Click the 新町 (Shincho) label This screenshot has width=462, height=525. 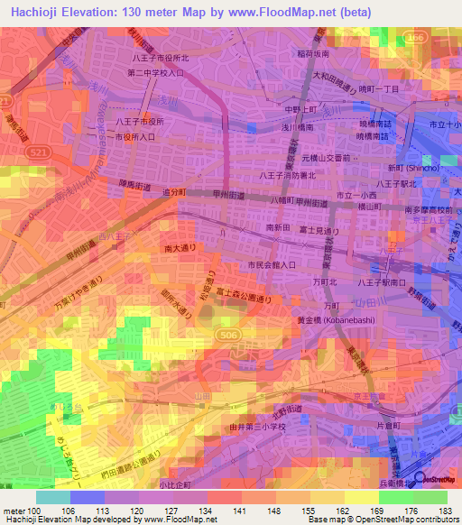click(414, 168)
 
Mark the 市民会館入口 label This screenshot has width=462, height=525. click(272, 265)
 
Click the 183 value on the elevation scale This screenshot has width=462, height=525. click(442, 512)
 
